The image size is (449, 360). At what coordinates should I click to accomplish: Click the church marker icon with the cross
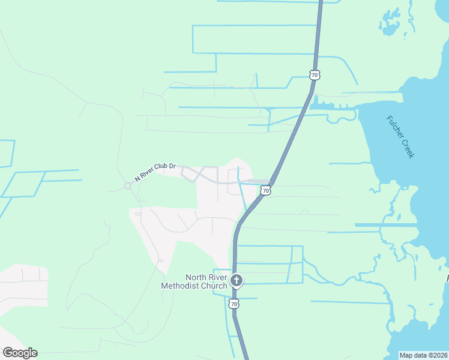[237, 280]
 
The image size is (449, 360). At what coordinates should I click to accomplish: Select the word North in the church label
[196, 277]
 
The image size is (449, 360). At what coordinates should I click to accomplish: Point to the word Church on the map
[214, 286]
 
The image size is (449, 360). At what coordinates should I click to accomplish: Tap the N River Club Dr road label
[155, 171]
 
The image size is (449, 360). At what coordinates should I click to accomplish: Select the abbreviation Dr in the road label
[172, 165]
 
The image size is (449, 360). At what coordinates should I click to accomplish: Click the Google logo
[20, 353]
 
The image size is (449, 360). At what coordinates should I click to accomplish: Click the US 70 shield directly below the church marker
[234, 304]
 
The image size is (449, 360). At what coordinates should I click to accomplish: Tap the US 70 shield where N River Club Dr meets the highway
[265, 190]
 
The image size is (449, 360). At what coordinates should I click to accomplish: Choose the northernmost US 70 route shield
[315, 75]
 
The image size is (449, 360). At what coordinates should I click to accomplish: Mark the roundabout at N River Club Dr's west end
[127, 185]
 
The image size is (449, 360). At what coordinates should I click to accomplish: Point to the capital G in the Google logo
[8, 352]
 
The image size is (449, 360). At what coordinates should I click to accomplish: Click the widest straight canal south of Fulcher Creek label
[386, 225]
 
